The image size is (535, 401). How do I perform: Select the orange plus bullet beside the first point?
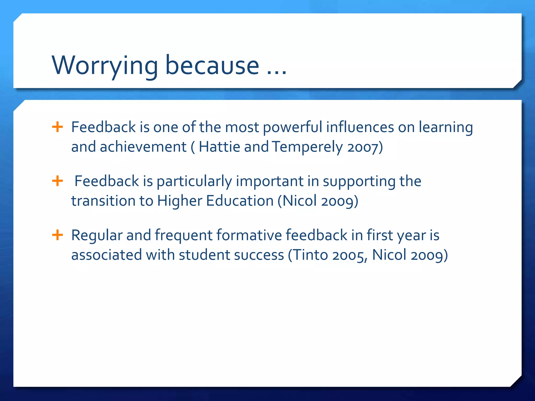tap(57, 127)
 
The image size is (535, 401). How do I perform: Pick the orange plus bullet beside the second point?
tap(57, 181)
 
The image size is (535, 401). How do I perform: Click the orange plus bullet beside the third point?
tap(57, 235)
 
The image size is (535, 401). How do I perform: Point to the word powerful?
tap(292, 127)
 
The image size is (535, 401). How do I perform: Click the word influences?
tap(360, 127)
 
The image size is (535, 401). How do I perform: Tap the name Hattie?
tap(219, 147)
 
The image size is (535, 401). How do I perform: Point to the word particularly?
tap(194, 181)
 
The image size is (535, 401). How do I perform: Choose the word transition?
tap(103, 201)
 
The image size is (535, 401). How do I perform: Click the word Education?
tap(240, 201)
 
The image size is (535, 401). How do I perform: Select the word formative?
tap(249, 235)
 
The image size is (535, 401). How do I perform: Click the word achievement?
tap(143, 147)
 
